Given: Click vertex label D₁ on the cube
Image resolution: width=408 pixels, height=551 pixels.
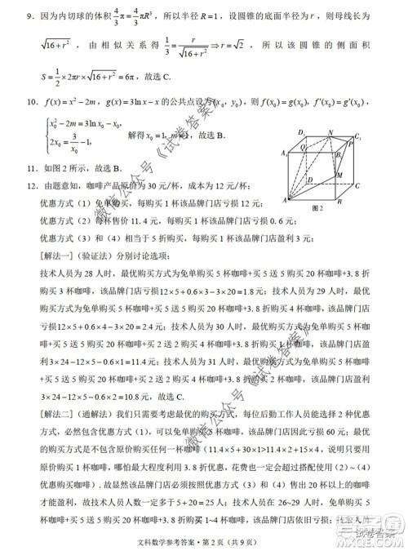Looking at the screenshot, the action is click(300, 131).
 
